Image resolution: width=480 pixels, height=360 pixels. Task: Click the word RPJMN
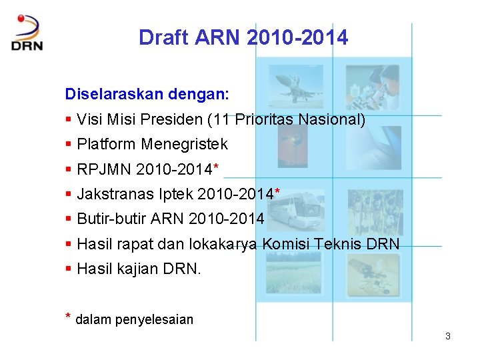tap(104, 169)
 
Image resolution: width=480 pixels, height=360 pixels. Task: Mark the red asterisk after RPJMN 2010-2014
tap(215, 167)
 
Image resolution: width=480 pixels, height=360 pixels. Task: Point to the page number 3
tap(448, 336)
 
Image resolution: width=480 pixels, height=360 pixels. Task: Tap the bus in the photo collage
tap(301, 207)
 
